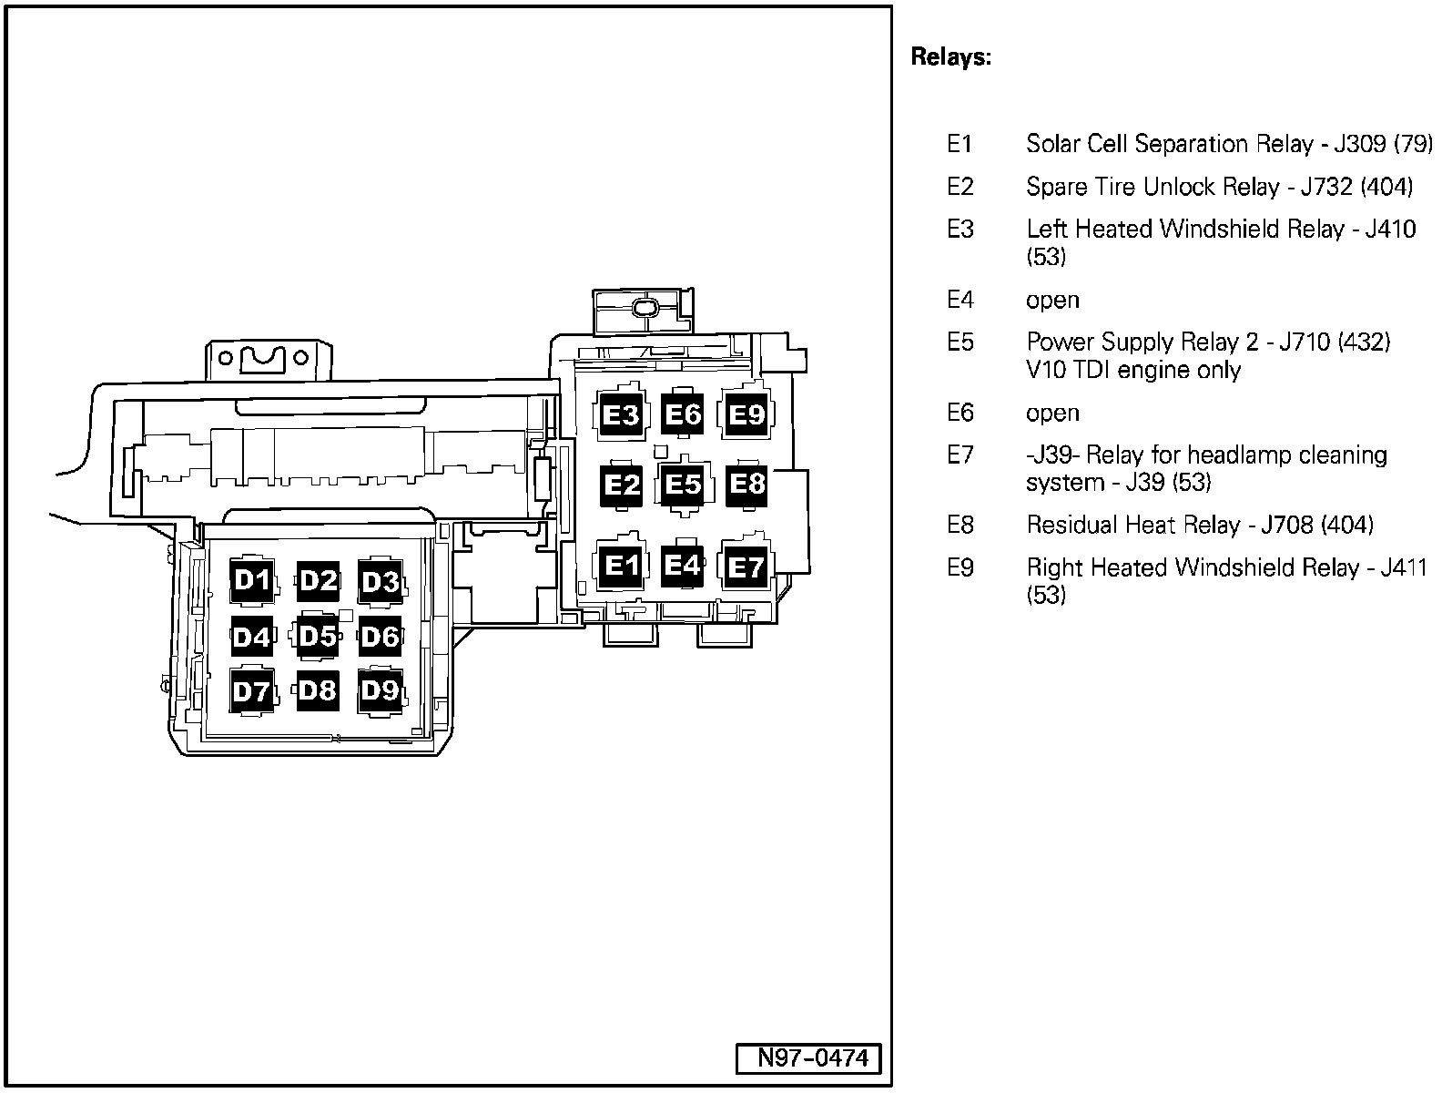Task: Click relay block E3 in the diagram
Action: tap(622, 415)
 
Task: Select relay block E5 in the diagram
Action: tap(683, 485)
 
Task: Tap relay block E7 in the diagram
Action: tap(746, 567)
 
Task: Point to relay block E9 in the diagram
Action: tap(746, 415)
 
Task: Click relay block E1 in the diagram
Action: tap(622, 567)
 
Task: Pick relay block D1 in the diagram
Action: tap(252, 580)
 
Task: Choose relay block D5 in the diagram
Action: tap(317, 636)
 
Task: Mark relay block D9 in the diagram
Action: tap(381, 690)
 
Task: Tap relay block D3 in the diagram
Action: tap(381, 581)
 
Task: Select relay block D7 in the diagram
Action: tap(252, 691)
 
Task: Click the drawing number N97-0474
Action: tap(808, 1058)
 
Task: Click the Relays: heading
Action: tap(950, 57)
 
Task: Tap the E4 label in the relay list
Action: tap(960, 300)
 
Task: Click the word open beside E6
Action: tap(1052, 414)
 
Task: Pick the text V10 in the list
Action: tap(1044, 370)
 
